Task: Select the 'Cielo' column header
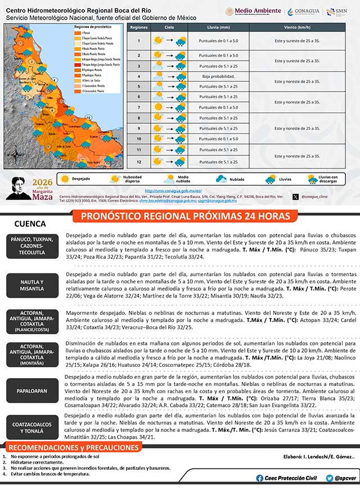[x=169, y=27]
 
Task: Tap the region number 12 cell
[x=138, y=161]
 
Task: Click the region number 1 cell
[x=138, y=40]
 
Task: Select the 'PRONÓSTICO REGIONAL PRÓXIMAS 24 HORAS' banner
[x=186, y=216]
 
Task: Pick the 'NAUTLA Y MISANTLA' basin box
[x=32, y=285]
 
